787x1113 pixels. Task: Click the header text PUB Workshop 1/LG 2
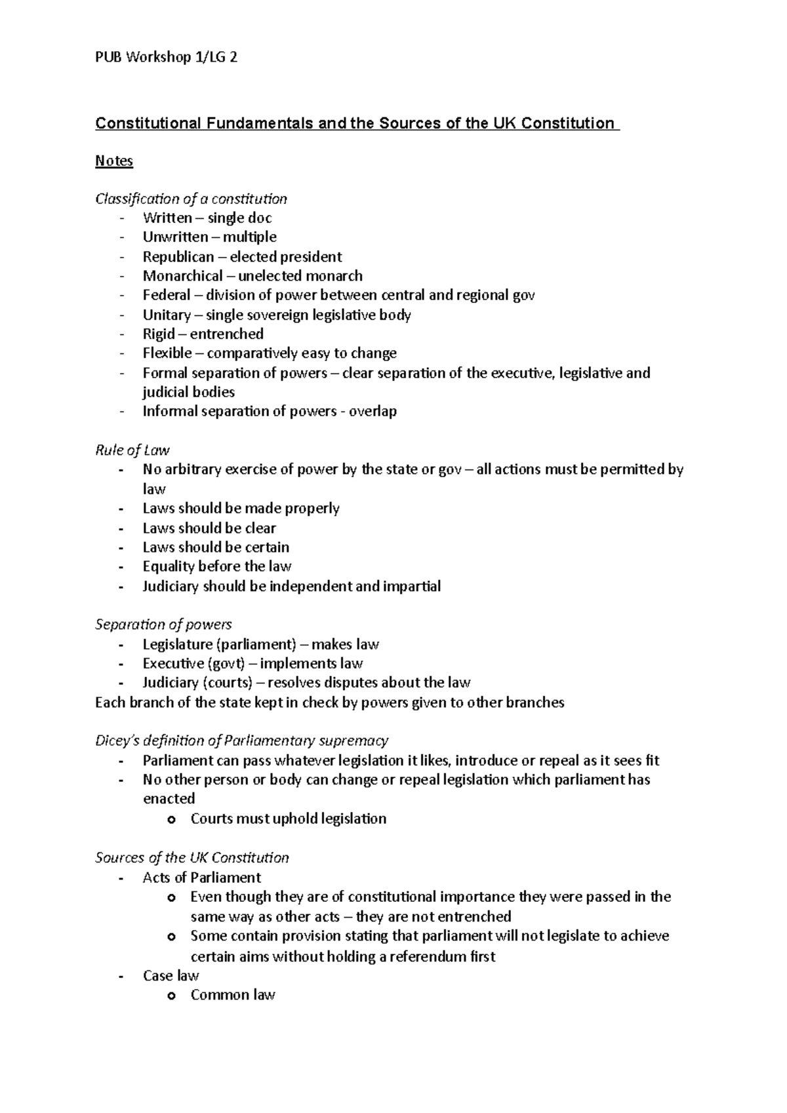click(166, 58)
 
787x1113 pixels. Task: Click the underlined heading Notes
click(114, 161)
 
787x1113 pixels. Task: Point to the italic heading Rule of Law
click(132, 450)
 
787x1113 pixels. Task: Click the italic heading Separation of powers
click(163, 625)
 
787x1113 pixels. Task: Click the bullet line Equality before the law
click(217, 566)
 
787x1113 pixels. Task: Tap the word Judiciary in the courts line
click(171, 683)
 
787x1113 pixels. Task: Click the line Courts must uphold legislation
click(288, 819)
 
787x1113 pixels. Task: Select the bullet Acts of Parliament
click(201, 878)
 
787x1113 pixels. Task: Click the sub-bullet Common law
click(233, 995)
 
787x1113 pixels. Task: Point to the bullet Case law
click(171, 976)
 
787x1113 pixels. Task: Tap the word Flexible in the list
click(167, 353)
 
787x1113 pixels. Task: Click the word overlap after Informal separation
click(373, 412)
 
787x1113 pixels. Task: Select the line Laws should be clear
click(209, 528)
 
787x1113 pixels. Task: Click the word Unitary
click(167, 315)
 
